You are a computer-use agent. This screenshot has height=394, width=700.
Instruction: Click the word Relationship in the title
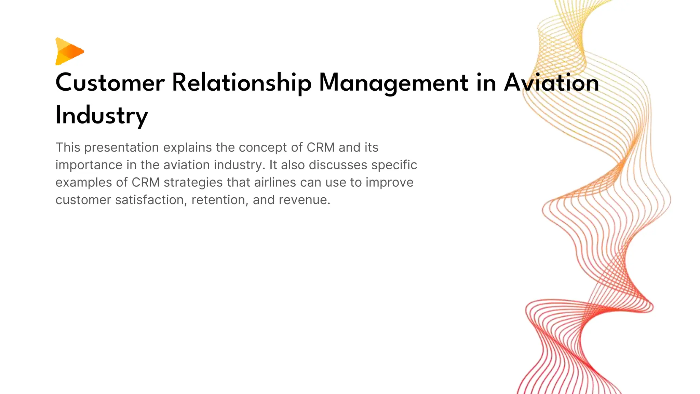point(241,83)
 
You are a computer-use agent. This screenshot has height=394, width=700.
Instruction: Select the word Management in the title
point(393,83)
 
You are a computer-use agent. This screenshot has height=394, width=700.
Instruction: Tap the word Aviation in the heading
point(551,83)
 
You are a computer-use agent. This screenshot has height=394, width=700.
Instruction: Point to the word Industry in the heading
point(102,116)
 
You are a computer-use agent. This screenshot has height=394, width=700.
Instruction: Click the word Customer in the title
point(110,83)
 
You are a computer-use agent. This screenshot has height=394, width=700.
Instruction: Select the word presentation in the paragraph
point(121,148)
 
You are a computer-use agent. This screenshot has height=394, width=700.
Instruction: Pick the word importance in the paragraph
point(89,165)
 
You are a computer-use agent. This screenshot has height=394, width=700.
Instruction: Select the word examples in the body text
point(83,183)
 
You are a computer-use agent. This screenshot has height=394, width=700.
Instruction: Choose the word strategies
point(193,183)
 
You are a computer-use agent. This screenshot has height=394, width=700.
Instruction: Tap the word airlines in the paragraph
point(275,183)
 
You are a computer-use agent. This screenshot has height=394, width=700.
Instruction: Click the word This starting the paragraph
point(68,148)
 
